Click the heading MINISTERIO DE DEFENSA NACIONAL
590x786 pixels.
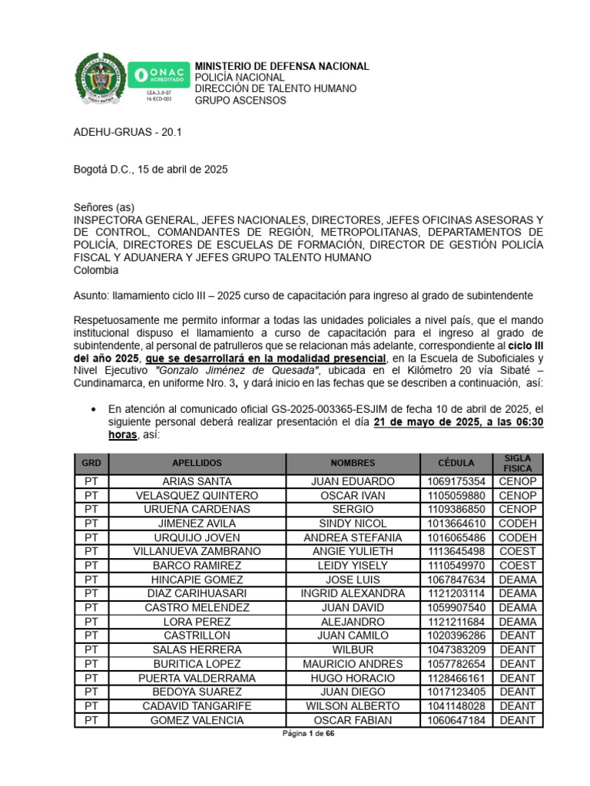(x=281, y=67)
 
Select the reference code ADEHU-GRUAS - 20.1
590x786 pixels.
(x=128, y=132)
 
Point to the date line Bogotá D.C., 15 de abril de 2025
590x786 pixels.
(x=150, y=169)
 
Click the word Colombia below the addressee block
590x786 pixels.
(x=96, y=270)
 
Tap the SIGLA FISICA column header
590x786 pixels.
(x=517, y=463)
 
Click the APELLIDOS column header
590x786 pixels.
(x=197, y=463)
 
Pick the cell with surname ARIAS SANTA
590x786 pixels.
(x=197, y=481)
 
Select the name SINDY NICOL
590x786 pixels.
(x=353, y=523)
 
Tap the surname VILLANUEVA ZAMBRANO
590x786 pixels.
(x=197, y=551)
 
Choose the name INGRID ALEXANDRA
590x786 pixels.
(x=353, y=593)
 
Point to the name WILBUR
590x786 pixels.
(x=353, y=649)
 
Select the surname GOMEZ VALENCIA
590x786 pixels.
(x=197, y=720)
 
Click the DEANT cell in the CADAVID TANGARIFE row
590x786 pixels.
(x=517, y=705)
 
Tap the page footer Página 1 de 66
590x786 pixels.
(x=307, y=734)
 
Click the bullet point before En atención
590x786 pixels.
(x=94, y=409)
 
